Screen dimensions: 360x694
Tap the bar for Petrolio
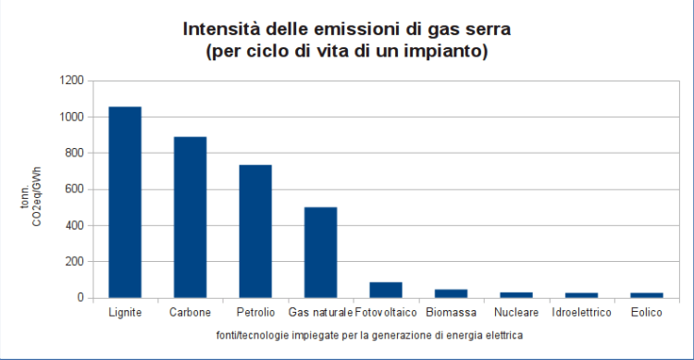click(255, 230)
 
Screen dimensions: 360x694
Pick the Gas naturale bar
click(320, 252)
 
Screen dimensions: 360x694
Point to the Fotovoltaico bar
click(386, 290)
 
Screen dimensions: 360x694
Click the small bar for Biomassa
click(451, 293)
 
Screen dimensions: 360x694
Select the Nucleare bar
click(516, 295)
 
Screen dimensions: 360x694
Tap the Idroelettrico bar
click(581, 295)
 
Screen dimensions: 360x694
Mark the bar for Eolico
click(647, 295)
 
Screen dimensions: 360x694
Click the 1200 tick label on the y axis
click(72, 81)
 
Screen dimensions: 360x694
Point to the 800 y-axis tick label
click(75, 154)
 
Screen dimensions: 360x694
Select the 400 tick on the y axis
click(75, 226)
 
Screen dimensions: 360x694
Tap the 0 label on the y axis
click(81, 298)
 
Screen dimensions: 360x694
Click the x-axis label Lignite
click(125, 313)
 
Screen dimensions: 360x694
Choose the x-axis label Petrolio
click(255, 313)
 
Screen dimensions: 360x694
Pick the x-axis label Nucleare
click(516, 313)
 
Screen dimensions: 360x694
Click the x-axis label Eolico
click(647, 313)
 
